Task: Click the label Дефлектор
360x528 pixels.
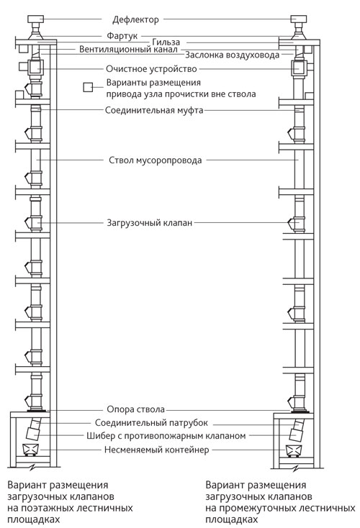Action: (x=135, y=20)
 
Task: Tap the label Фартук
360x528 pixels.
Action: (x=122, y=36)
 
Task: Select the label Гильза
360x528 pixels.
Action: (x=166, y=42)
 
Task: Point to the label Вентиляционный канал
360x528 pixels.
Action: (x=128, y=49)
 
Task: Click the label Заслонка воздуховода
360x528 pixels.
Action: (x=233, y=55)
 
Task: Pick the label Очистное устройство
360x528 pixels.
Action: (x=151, y=69)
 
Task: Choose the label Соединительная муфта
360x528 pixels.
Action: (x=154, y=111)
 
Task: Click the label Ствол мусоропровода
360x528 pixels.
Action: (x=155, y=160)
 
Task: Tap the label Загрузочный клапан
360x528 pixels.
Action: (x=149, y=223)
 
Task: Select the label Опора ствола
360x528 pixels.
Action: (x=135, y=409)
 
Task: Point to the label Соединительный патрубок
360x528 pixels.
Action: (x=151, y=422)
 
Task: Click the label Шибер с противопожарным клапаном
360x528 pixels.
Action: (x=166, y=436)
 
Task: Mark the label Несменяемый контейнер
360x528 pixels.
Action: (x=156, y=450)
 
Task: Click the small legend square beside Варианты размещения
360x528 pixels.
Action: (x=88, y=87)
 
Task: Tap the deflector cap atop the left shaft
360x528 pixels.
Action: (x=35, y=19)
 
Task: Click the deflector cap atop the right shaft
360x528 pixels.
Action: (x=299, y=19)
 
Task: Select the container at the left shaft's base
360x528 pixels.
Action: (x=30, y=449)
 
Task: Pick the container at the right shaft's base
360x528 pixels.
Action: (x=293, y=450)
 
